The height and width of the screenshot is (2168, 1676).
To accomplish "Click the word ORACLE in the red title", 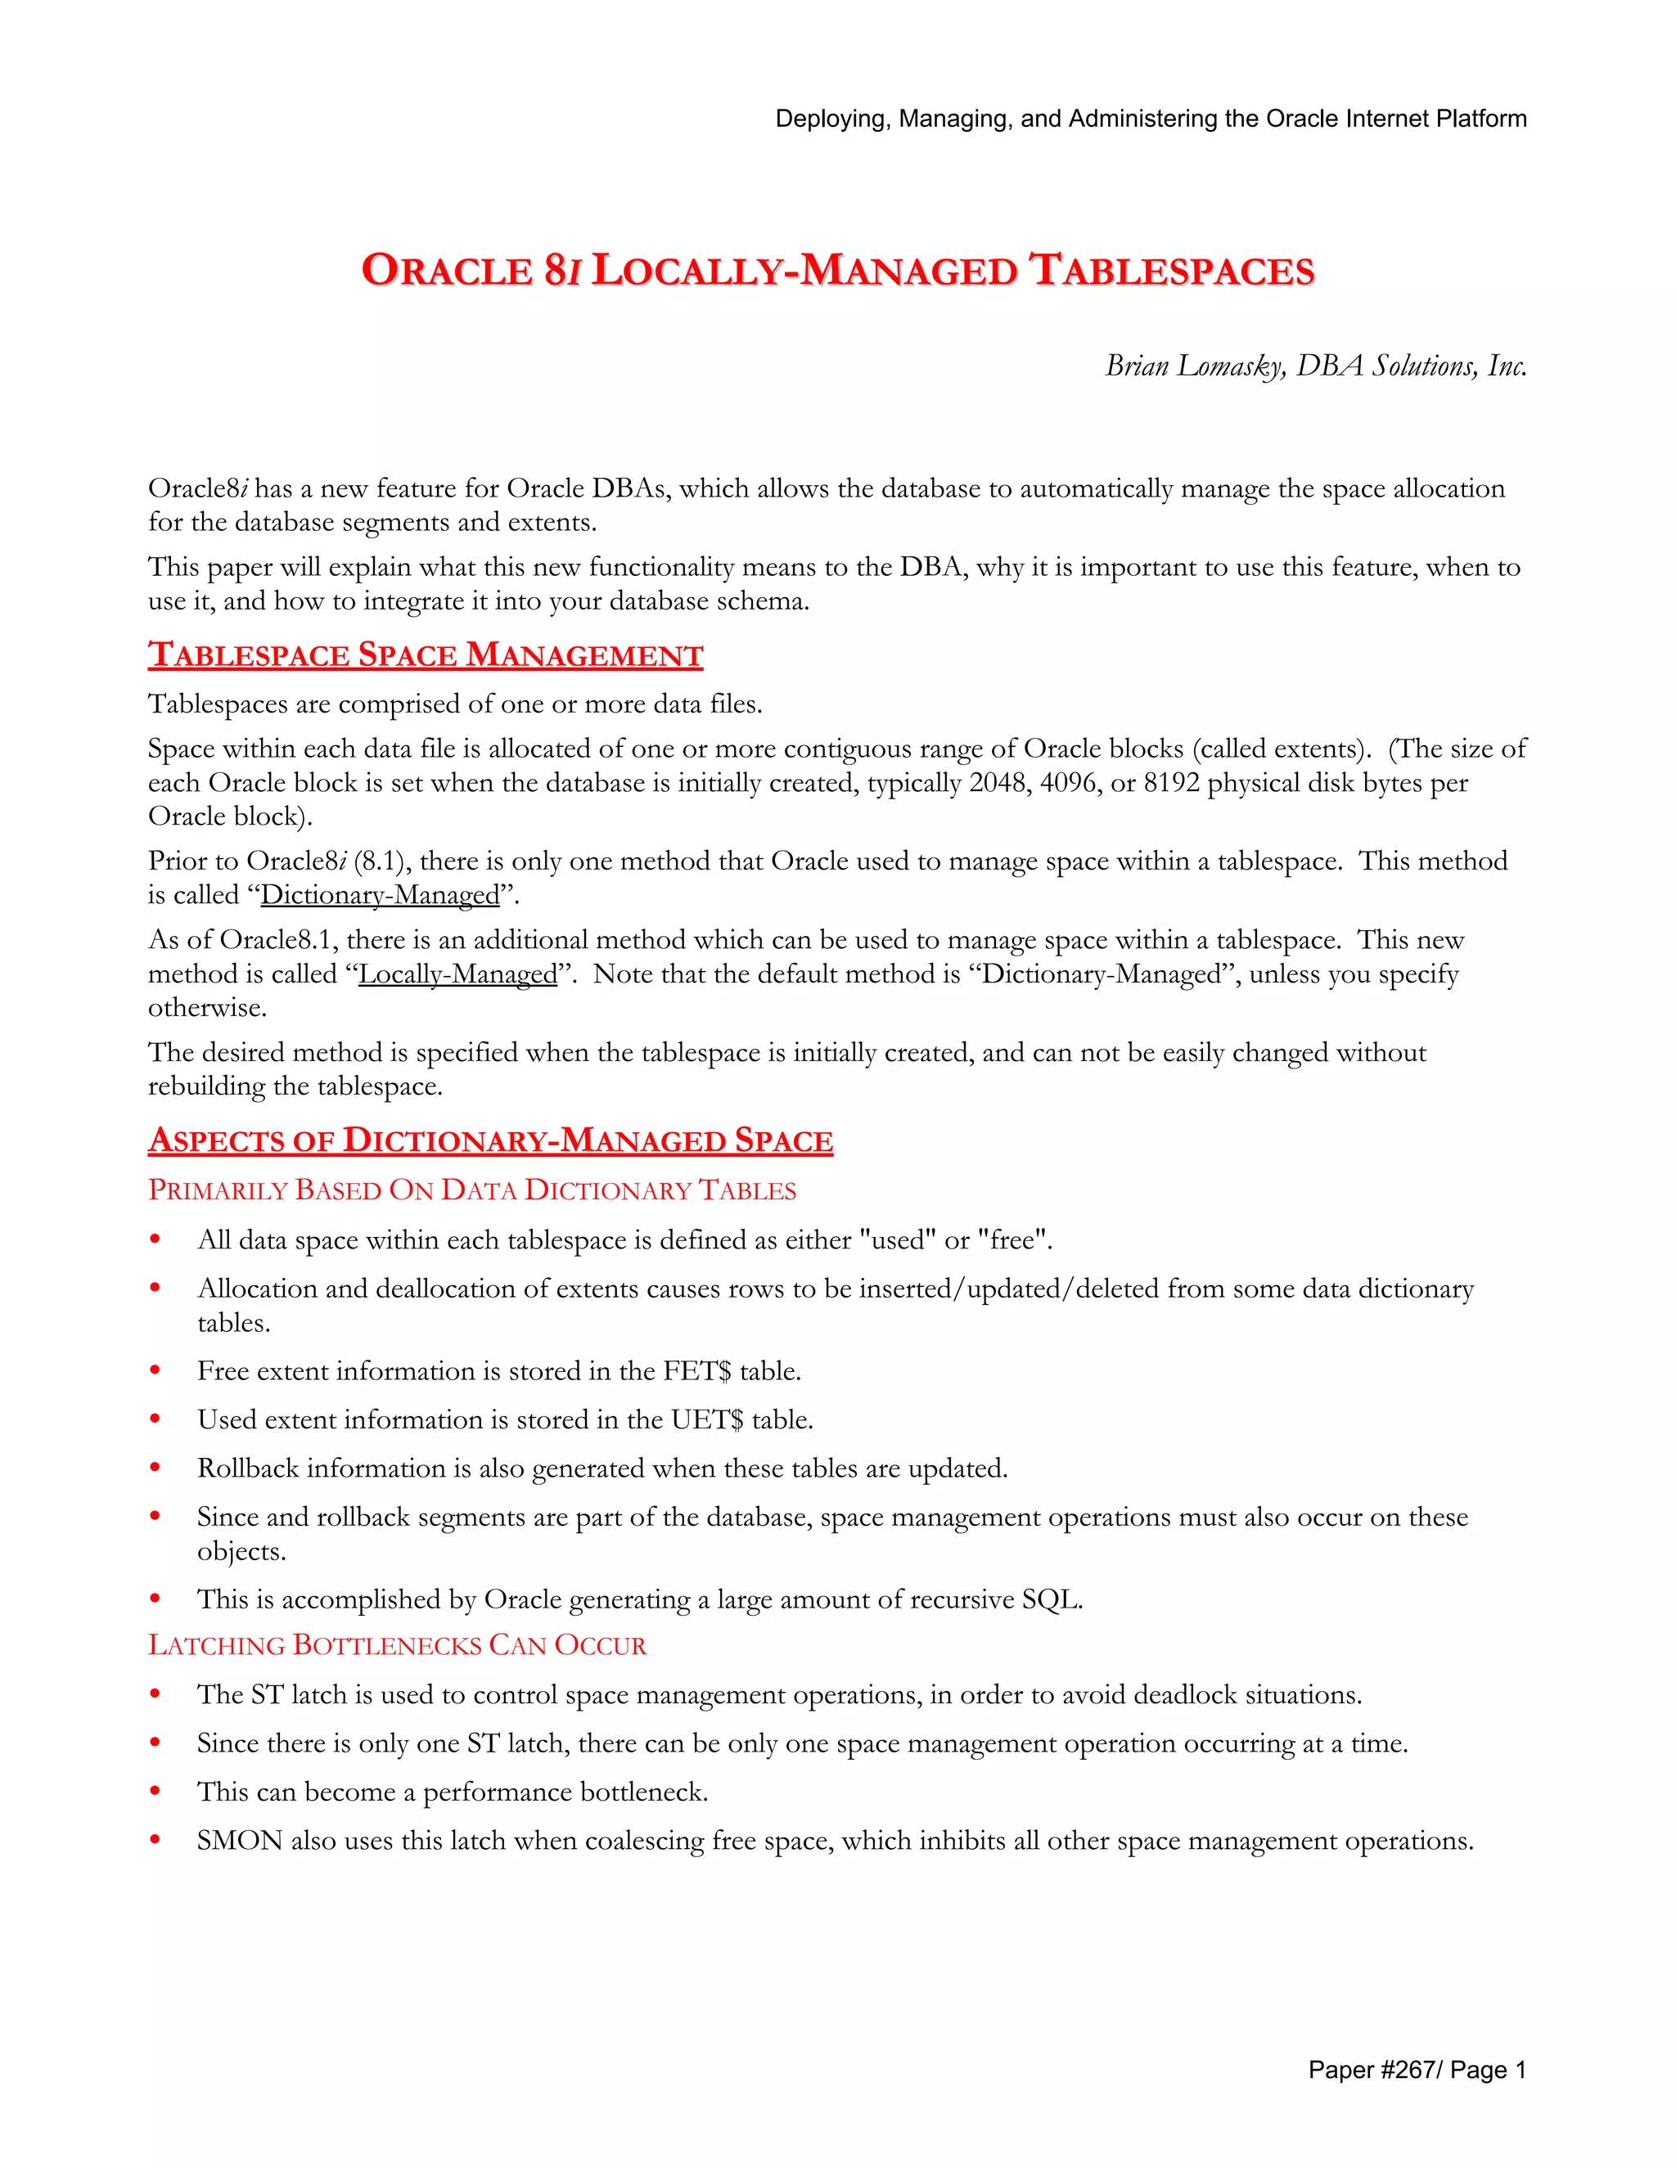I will pyautogui.click(x=447, y=271).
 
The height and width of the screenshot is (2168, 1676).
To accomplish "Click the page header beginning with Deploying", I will pyautogui.click(x=1150, y=119).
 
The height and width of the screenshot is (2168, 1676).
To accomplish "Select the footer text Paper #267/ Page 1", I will pyautogui.click(x=1416, y=2069).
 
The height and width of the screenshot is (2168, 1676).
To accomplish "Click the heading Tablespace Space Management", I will pyautogui.click(x=425, y=655).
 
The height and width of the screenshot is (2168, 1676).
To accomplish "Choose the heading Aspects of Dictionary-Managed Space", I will pyautogui.click(x=490, y=1140).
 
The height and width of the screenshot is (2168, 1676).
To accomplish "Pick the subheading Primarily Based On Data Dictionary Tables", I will pyautogui.click(x=471, y=1190).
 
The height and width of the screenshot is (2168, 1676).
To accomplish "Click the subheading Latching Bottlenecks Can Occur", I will pyautogui.click(x=397, y=1645).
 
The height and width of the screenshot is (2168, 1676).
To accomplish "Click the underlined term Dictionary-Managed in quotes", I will pyautogui.click(x=379, y=895).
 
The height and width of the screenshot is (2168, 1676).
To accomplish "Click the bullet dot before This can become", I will pyautogui.click(x=155, y=1792).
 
